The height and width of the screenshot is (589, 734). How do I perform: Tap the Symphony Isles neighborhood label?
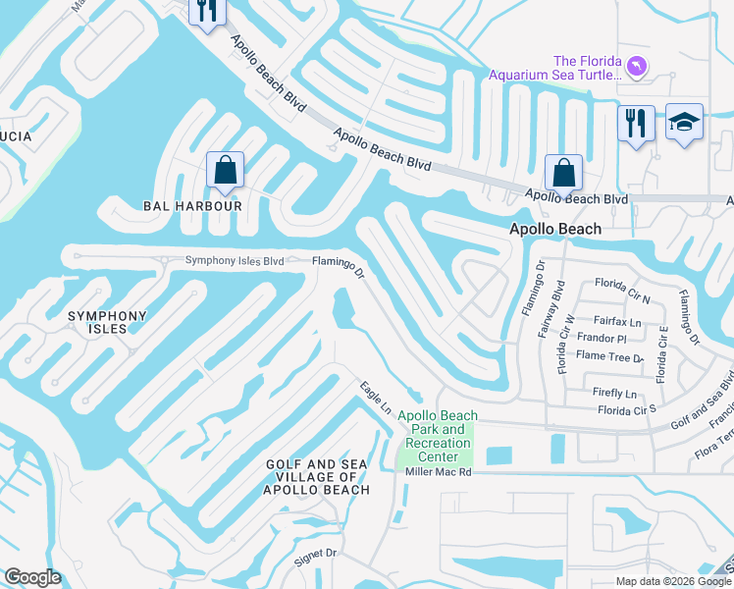coord(106,322)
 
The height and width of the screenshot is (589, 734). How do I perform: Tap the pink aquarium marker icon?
coord(638,66)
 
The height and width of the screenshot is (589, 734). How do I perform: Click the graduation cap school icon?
coord(684,122)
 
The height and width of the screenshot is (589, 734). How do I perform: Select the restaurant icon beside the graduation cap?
coord(636,124)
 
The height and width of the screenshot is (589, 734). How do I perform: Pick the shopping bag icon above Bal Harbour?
coord(226,170)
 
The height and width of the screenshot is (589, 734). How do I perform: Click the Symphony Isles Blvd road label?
coord(235,261)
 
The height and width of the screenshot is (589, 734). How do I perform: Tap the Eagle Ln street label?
coord(376,397)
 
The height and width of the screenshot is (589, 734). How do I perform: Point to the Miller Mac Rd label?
coord(439,472)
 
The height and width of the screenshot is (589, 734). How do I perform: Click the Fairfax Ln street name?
coord(617,321)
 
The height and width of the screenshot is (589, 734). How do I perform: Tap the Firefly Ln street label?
coord(615,392)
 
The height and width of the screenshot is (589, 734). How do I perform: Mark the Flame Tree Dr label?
coord(610,358)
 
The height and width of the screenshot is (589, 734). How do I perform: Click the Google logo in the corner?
coord(32,577)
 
